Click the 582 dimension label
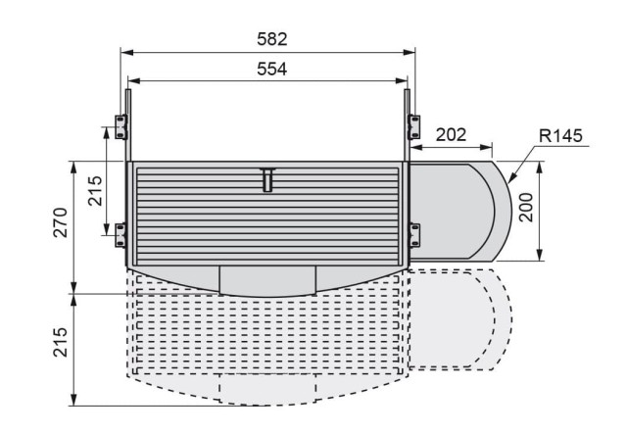pyautogui.click(x=272, y=39)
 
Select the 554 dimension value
pyautogui.click(x=272, y=69)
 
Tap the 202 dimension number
pyautogui.click(x=451, y=135)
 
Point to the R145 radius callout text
pyautogui.click(x=560, y=135)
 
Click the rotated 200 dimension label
pyautogui.click(x=526, y=207)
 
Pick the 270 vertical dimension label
pyautogui.click(x=61, y=222)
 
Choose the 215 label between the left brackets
pyautogui.click(x=95, y=191)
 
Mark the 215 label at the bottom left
pyautogui.click(x=61, y=342)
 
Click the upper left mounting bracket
pyautogui.click(x=121, y=126)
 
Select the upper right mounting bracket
pyautogui.click(x=413, y=126)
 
